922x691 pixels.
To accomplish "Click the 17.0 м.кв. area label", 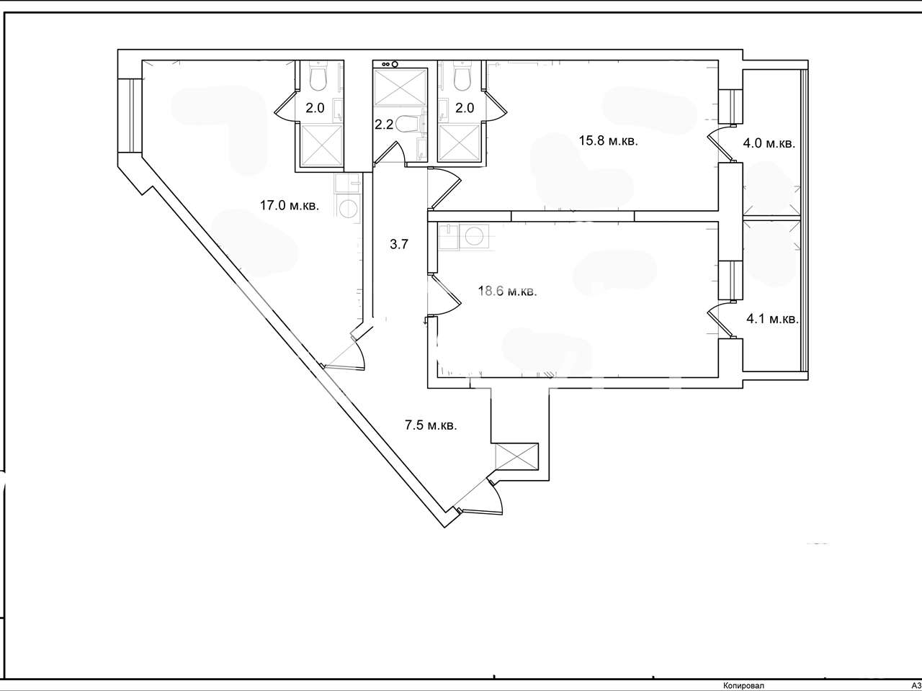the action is tap(290, 206).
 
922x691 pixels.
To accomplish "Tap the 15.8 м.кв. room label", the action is tap(608, 140).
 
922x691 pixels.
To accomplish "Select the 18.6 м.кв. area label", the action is tap(507, 291).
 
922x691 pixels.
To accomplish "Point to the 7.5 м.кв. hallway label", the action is tap(431, 425).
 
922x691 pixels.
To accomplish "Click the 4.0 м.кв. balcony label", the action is tap(769, 143).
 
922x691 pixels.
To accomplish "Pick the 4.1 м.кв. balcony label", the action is tap(772, 319).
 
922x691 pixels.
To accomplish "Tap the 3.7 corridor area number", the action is tap(398, 244).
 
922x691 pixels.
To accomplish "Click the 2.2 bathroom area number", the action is tap(383, 125).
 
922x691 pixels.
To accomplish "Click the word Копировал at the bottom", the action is tap(743, 685).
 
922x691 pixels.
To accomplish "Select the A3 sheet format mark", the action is tap(916, 685).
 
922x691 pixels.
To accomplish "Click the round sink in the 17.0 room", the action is tap(347, 208).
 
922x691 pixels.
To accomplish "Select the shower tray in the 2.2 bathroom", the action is tap(400, 87).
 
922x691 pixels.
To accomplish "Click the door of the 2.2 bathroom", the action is tap(390, 153).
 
